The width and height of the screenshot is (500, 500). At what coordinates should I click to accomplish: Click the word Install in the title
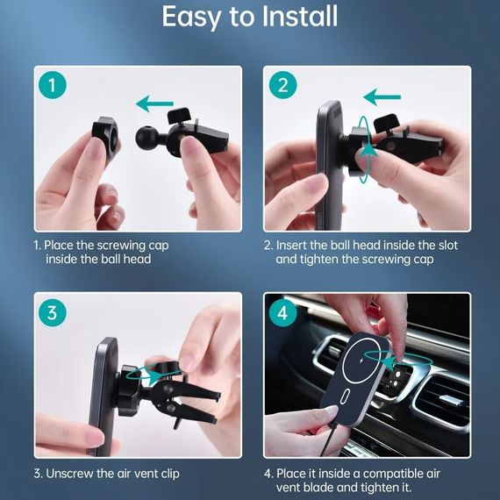[300, 17]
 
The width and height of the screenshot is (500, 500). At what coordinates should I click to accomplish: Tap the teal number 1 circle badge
[53, 85]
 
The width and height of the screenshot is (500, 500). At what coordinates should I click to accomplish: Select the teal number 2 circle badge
[282, 85]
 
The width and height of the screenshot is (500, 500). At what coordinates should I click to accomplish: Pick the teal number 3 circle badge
[53, 312]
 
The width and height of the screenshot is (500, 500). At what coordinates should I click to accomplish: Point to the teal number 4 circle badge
[282, 312]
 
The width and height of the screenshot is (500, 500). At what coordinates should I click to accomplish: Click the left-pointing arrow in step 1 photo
[154, 104]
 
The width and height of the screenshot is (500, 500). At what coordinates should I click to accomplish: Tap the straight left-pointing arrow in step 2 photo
[382, 97]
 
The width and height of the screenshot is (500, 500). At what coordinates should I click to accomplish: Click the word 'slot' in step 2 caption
[448, 245]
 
